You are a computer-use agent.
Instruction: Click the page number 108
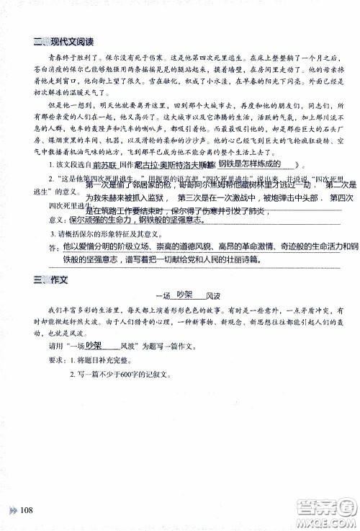[28, 509]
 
